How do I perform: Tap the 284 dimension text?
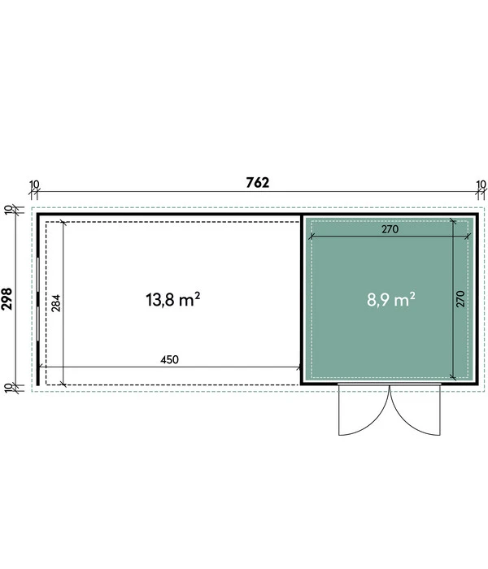pos(56,302)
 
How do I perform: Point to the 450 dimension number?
pos(170,358)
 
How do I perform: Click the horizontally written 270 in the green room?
pos(390,229)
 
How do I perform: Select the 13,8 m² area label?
pos(172,300)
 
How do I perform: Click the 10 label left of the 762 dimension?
pos(33,185)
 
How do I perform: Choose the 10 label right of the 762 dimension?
pos(481,185)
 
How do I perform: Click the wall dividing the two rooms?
pos(303,298)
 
